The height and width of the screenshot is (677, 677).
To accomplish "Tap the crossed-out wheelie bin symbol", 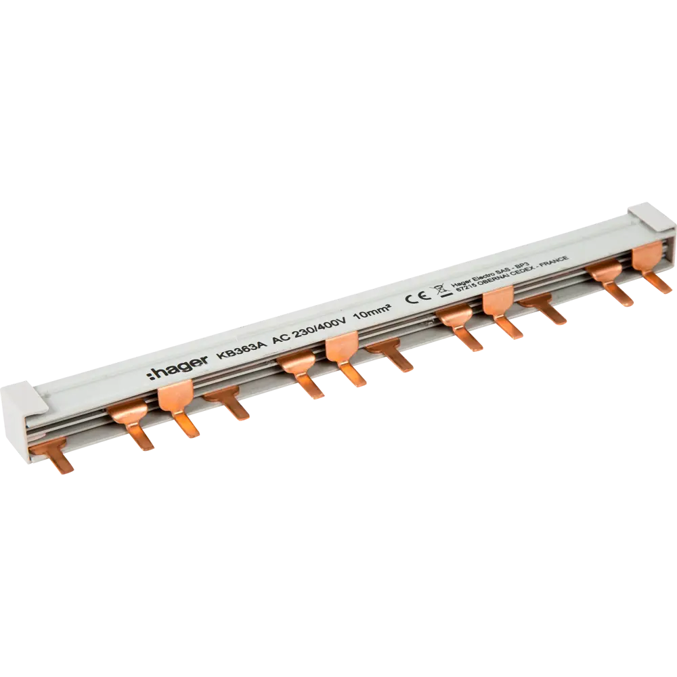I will (x=437, y=291).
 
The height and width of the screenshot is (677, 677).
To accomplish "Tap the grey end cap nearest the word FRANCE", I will (x=649, y=218).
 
